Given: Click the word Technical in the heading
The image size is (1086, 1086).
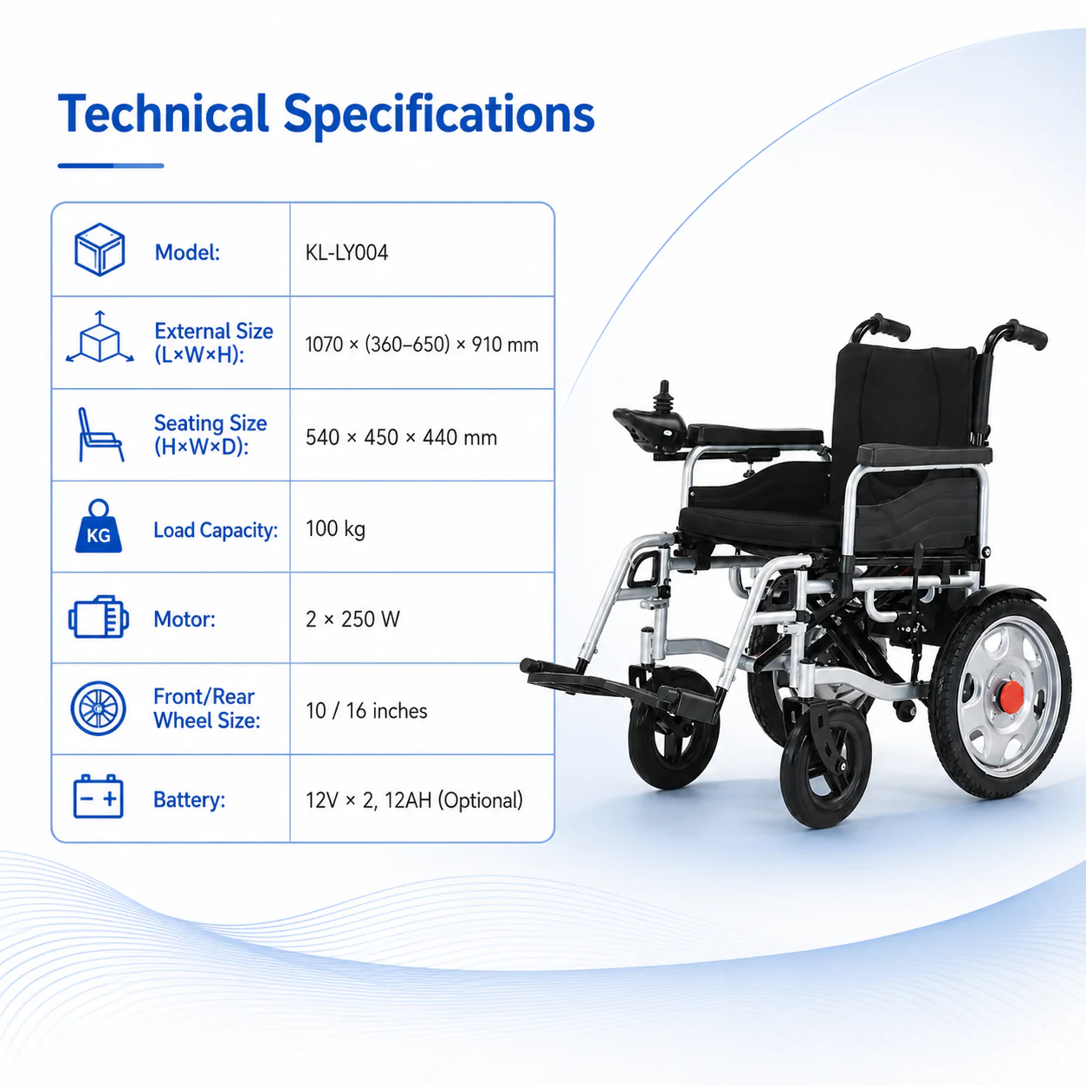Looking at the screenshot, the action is coord(164,113).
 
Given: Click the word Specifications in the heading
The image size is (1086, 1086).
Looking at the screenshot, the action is coord(439,116).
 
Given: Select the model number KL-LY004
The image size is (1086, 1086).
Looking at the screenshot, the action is coord(346,253).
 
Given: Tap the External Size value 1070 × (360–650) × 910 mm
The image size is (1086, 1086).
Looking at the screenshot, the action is coord(422,344).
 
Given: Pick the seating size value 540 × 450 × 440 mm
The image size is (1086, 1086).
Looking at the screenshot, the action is coord(401,437).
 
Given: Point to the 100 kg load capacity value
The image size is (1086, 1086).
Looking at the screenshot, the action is coord(335,529).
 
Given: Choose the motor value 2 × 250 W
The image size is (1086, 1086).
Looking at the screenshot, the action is coord(352,619).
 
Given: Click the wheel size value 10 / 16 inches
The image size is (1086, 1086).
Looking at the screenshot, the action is coord(366,711).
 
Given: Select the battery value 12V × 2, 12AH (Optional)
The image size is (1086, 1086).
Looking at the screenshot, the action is coord(414,800).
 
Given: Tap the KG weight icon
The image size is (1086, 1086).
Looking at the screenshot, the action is coord(99,527).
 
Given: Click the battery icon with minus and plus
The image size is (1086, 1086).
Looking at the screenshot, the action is coord(99,797).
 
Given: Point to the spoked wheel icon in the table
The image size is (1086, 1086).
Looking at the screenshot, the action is coord(99,708).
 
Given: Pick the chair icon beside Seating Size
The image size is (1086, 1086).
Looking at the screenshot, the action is coord(100,435).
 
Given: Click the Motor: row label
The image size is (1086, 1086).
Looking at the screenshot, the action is coord(184,619).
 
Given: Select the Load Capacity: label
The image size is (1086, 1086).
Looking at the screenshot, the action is coord(216,530).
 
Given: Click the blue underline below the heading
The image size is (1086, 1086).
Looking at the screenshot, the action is coord(111,165).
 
